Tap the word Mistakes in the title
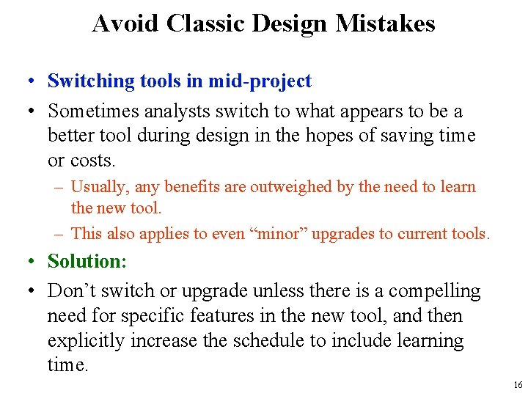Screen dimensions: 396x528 pyautogui.click(x=385, y=23)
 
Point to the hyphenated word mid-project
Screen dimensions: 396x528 pyautogui.click(x=260, y=81)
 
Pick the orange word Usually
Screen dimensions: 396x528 pyautogui.click(x=99, y=187)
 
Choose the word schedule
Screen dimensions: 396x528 pyautogui.click(x=282, y=341)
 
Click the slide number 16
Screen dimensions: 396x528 pyautogui.click(x=518, y=385)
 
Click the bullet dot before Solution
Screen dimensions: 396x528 pyautogui.click(x=34, y=262)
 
